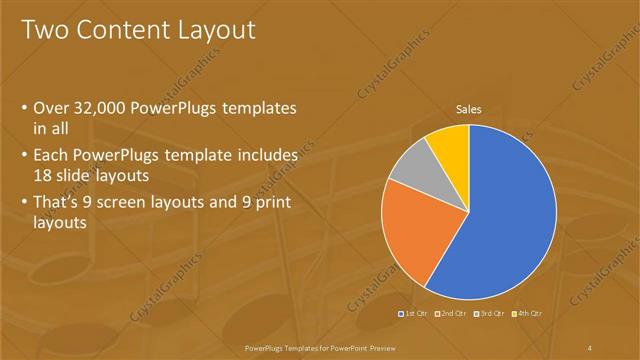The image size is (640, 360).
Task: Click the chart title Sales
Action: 469,108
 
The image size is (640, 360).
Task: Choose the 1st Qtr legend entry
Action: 415,314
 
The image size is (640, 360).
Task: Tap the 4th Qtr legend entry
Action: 528,314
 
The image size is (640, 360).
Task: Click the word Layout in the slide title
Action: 216,31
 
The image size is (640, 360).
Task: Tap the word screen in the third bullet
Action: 131,203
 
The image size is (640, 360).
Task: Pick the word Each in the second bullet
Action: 52,156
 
